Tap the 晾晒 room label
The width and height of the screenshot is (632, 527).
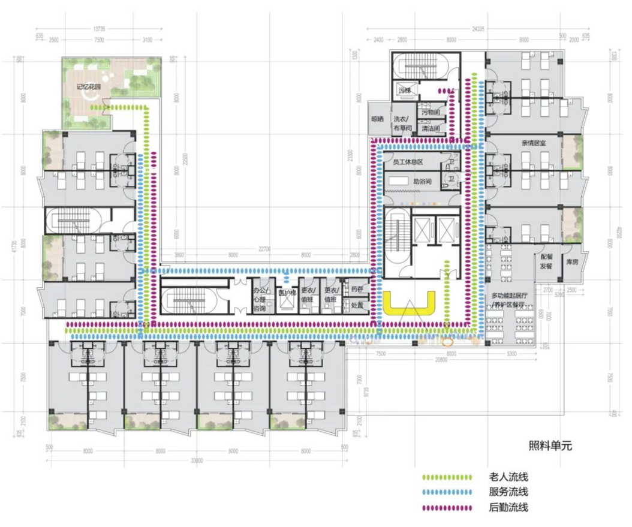click(377, 119)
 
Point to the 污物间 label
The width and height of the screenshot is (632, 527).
click(431, 112)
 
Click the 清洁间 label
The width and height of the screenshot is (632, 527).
click(431, 128)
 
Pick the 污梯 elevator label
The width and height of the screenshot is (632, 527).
click(404, 91)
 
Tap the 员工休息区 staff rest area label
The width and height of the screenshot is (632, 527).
click(408, 162)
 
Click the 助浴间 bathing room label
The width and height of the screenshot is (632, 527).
click(422, 180)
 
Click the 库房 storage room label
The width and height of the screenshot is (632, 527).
click(573, 262)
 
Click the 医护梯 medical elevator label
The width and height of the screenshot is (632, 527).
click(287, 293)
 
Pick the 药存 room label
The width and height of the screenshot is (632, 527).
click(357, 288)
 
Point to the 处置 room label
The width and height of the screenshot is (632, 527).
click(357, 304)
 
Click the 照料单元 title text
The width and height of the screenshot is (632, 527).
click(550, 445)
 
